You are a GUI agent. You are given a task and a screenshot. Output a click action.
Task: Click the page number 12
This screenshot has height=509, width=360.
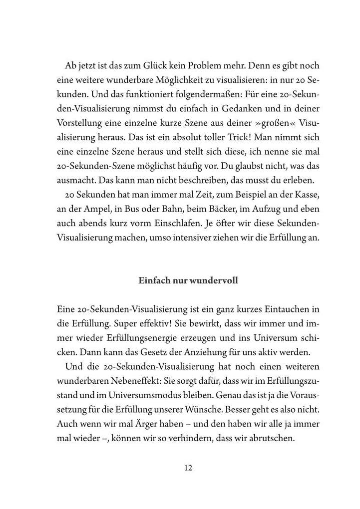[x=188, y=468]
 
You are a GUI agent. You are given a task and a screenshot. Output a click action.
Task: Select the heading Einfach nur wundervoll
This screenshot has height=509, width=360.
[x=188, y=280]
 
